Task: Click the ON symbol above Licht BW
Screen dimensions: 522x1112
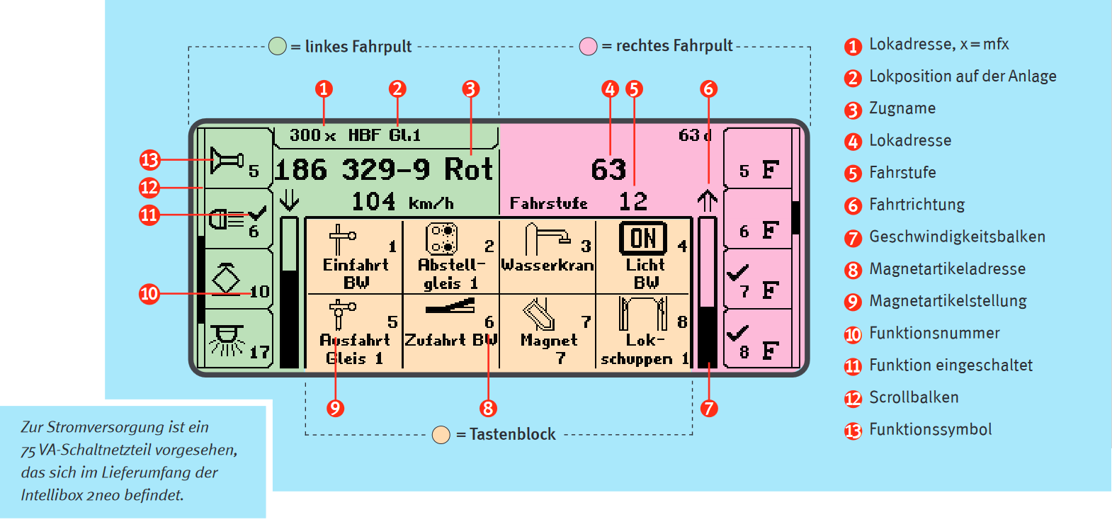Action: (642, 238)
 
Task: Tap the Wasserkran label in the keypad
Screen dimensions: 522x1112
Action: (548, 265)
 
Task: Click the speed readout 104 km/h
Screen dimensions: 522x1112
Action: (402, 203)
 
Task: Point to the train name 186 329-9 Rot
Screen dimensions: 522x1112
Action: (383, 170)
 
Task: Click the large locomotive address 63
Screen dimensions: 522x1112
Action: (608, 170)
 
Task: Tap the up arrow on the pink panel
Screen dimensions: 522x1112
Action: (707, 201)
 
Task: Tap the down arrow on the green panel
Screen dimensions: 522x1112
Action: (289, 200)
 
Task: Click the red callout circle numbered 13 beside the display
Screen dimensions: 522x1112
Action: (149, 160)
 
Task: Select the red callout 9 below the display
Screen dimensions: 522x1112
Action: (335, 408)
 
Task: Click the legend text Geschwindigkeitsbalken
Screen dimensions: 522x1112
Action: (957, 237)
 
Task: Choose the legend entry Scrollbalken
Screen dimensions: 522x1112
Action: (914, 397)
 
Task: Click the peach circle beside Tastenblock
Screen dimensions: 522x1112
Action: (441, 435)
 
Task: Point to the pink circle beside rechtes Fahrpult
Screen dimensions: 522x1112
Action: (588, 47)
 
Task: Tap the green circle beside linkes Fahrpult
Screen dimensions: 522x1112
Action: (278, 47)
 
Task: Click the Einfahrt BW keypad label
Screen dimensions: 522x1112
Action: (356, 273)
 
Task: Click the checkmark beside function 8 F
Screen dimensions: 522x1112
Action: (737, 331)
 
